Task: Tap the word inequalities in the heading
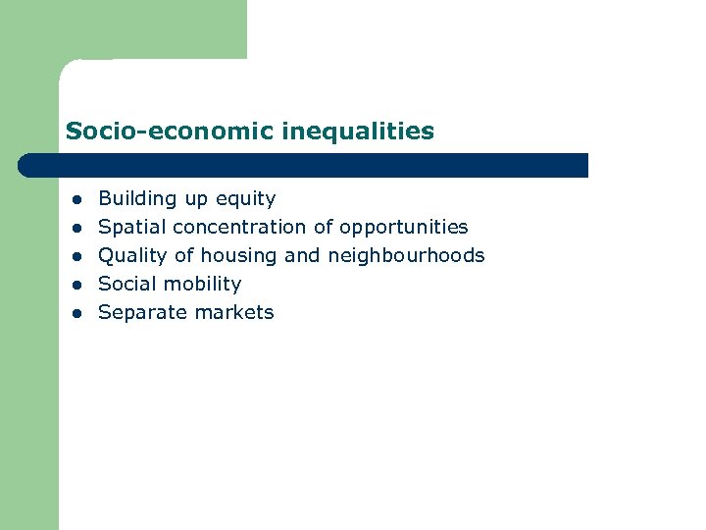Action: tap(357, 131)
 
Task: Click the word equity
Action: tap(245, 199)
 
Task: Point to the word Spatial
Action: tap(132, 228)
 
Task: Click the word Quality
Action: tap(132, 256)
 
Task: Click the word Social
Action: tap(126, 285)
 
